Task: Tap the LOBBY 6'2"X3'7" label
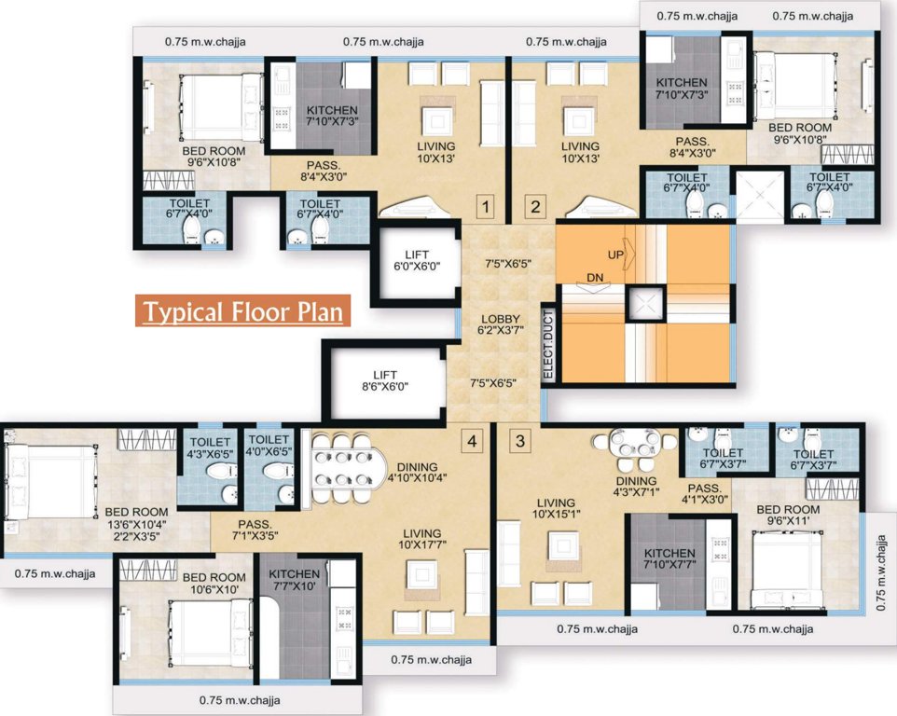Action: coord(501,324)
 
